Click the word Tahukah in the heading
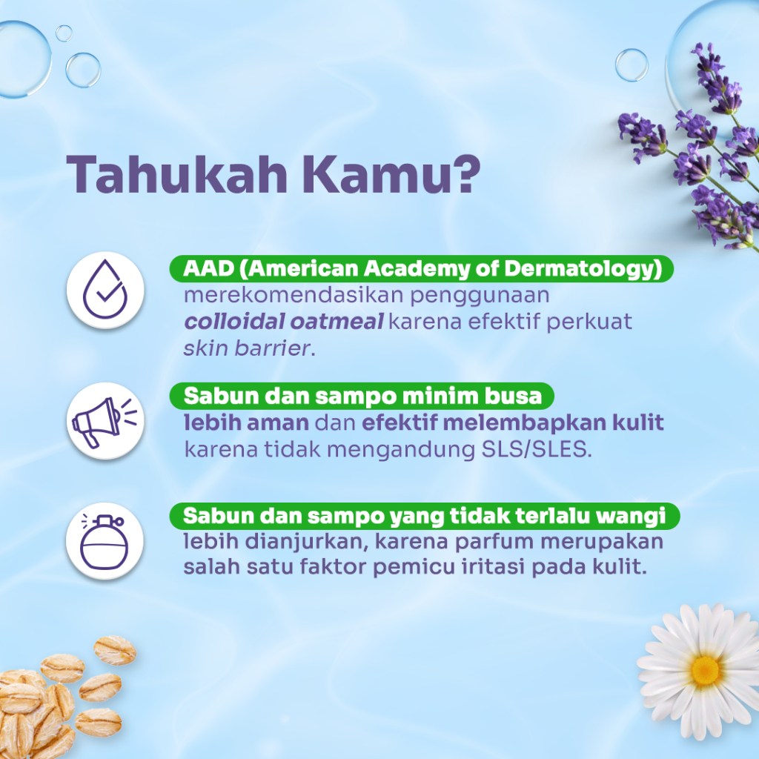177,174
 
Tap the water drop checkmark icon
105,290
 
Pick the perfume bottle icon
105,541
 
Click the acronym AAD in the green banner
208,268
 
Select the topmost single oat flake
115,650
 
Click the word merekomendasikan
294,295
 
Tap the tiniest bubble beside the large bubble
64,33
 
